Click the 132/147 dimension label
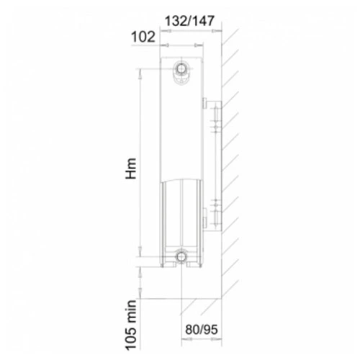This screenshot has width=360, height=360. (189, 21)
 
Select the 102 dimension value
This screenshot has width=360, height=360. (143, 37)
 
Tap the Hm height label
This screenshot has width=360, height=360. (132, 168)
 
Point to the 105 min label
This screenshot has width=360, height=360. (132, 325)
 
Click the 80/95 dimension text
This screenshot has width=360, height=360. (202, 329)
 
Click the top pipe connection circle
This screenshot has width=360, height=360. (181, 68)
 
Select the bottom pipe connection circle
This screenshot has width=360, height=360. (181, 256)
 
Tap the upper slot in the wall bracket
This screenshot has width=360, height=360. (215, 114)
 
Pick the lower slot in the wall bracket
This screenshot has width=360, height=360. (215, 217)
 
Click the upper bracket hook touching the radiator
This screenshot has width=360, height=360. (205, 103)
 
